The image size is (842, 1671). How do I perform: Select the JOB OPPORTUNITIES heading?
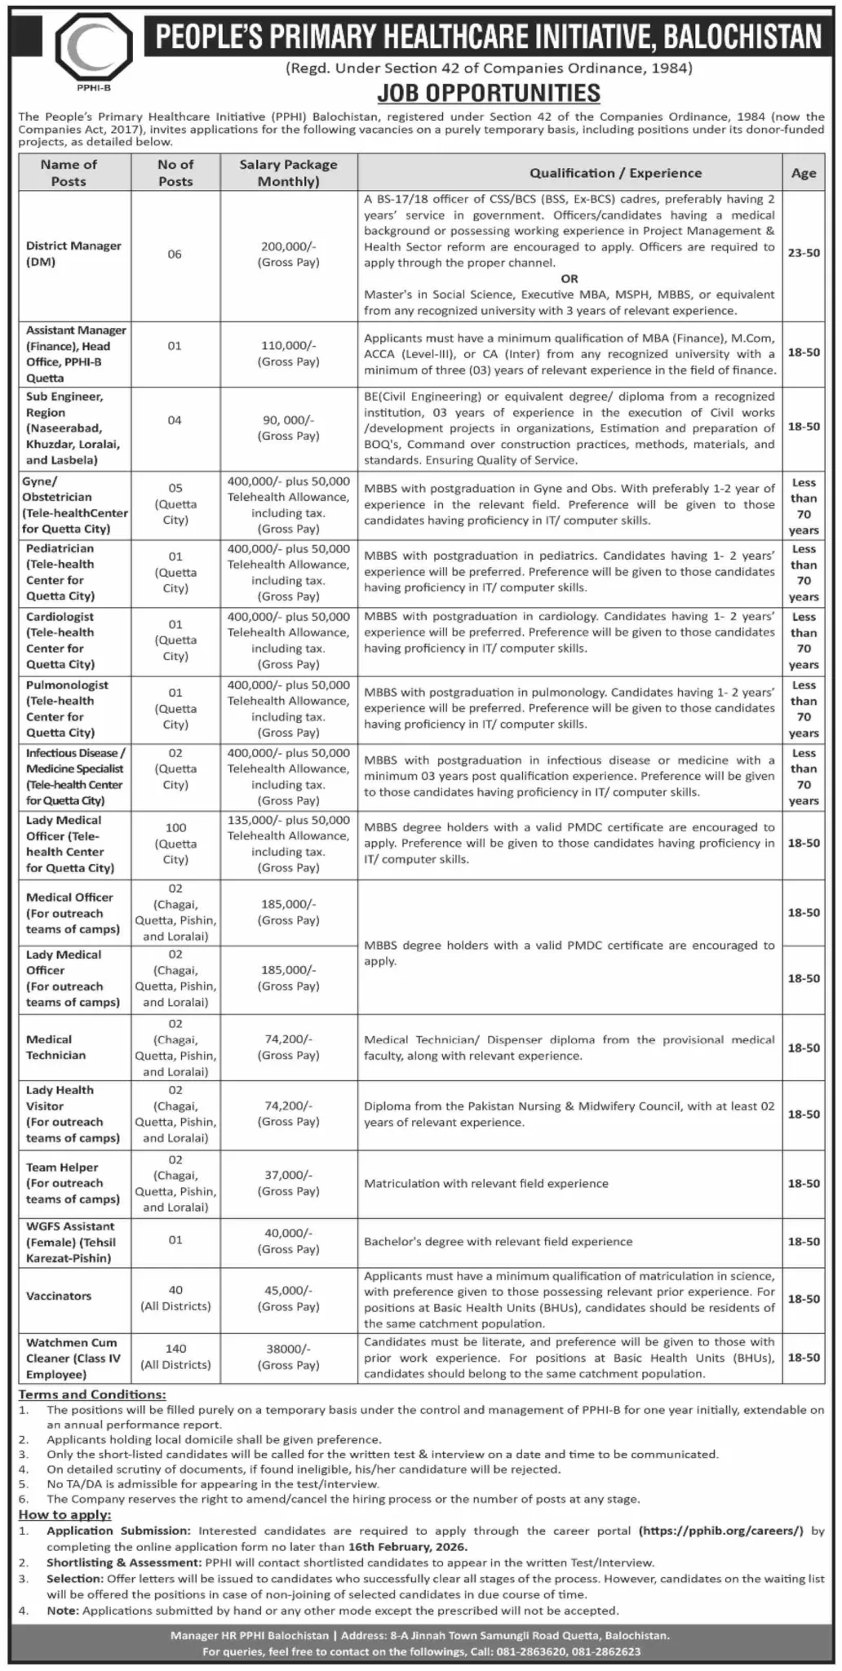[x=489, y=93]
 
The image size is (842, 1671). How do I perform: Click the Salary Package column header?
[x=288, y=173]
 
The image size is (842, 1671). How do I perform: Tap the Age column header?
[x=803, y=173]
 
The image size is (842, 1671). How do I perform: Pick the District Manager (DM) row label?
[x=73, y=254]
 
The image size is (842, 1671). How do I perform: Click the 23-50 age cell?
[x=803, y=254]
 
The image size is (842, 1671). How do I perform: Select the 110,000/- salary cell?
[x=288, y=353]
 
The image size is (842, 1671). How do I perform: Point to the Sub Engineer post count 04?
[x=175, y=420]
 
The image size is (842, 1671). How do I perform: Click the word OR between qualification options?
[x=569, y=279]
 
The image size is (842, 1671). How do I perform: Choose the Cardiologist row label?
[x=60, y=640]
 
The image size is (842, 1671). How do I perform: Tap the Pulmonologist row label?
[x=66, y=708]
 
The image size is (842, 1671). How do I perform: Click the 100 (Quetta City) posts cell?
[x=175, y=844]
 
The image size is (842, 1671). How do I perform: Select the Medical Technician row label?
[x=55, y=1048]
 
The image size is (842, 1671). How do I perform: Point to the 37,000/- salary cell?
[x=288, y=1183]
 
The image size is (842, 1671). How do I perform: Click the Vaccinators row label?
[x=59, y=1296]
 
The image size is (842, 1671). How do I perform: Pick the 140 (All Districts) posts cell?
[x=175, y=1357]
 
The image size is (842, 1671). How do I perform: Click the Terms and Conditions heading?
[x=92, y=1395]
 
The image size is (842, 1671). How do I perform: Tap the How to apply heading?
[x=65, y=1515]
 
